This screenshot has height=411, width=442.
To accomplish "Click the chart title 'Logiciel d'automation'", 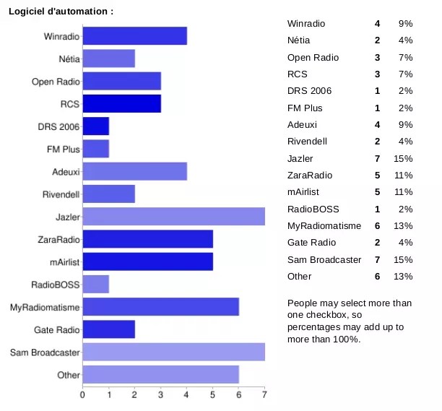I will tap(60, 11).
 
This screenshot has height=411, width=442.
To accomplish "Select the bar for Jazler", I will tap(174, 216).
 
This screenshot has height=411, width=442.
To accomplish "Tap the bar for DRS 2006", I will tap(96, 126).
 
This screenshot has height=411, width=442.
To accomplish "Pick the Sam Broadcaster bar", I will tap(174, 352).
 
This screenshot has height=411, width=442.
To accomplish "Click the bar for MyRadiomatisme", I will tap(161, 307).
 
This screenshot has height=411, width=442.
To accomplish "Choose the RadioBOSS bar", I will tap(96, 285).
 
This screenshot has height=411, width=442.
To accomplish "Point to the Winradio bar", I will tap(135, 35).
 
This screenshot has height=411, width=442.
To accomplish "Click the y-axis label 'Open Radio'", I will tap(55, 82).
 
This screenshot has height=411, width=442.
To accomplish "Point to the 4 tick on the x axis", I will tap(187, 395).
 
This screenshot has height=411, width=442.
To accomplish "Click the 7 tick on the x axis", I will tap(264, 395).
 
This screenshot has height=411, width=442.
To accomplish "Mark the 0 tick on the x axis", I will tap(83, 395).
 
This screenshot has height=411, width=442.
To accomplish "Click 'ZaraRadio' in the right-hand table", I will tap(311, 175).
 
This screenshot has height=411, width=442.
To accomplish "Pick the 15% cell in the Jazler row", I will tap(403, 158).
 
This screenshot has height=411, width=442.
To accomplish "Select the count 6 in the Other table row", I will tap(377, 276).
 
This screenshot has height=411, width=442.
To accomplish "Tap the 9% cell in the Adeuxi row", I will tap(405, 124).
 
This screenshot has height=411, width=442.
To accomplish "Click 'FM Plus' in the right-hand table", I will tap(305, 108).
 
